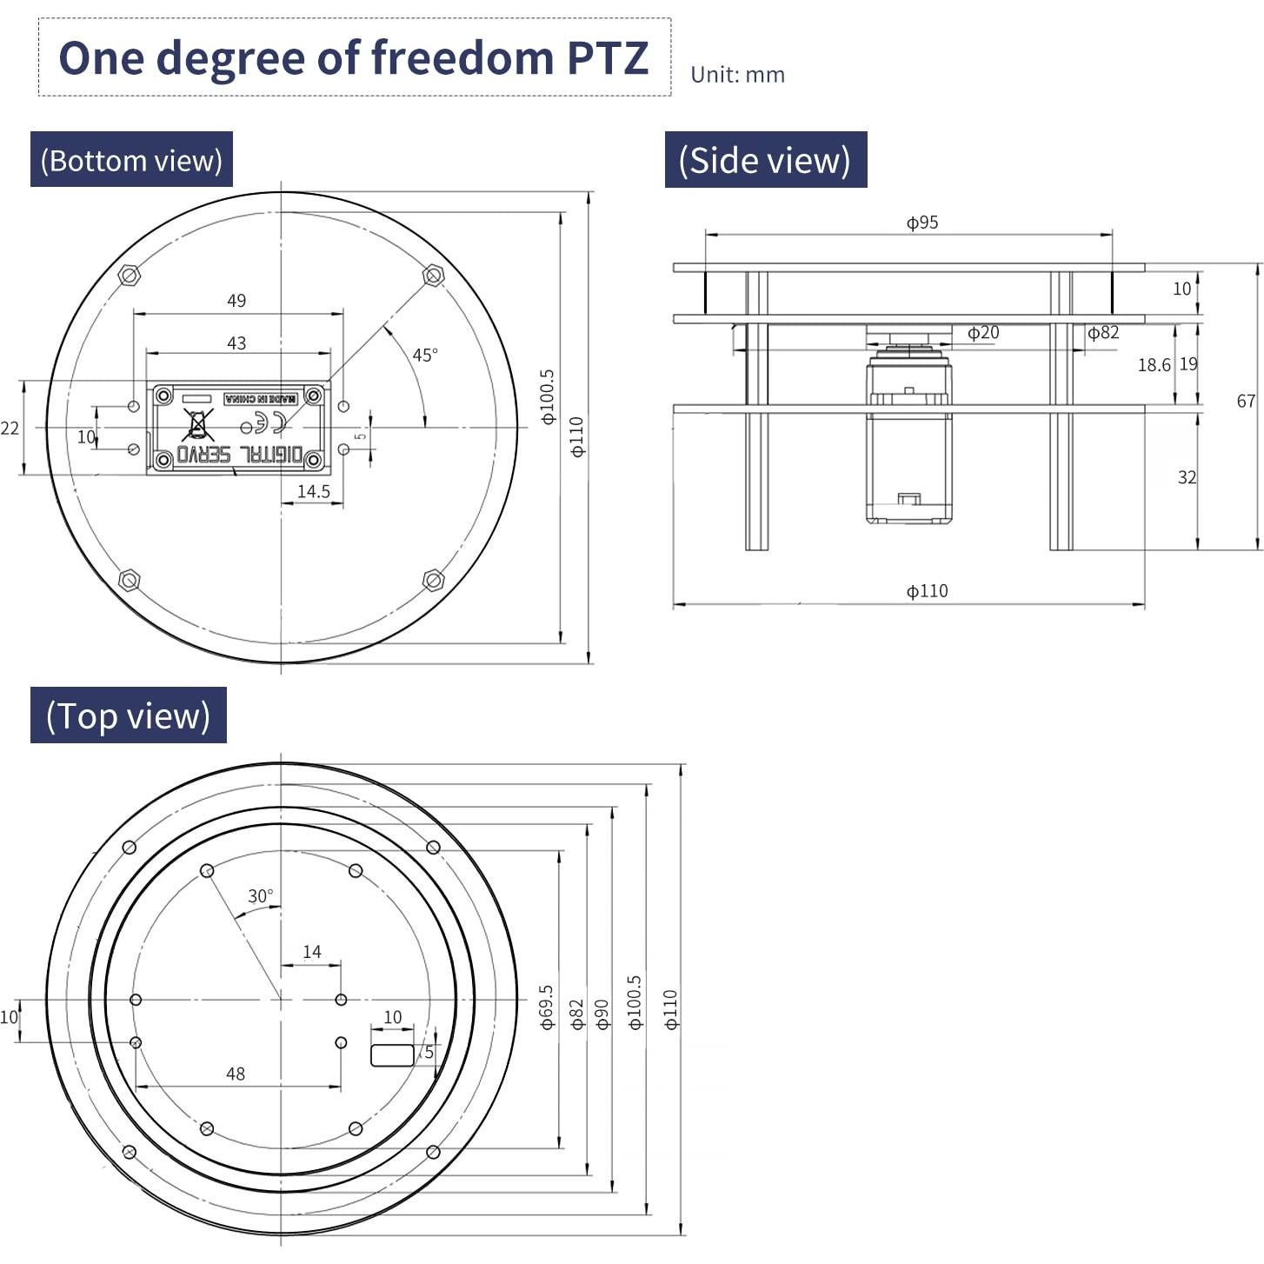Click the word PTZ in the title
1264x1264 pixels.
(x=607, y=58)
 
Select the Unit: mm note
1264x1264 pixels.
(x=737, y=75)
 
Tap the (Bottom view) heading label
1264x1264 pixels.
(x=131, y=160)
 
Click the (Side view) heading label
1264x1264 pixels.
(x=765, y=160)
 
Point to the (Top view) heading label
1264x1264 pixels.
(x=128, y=715)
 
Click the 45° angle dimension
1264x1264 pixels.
(x=424, y=355)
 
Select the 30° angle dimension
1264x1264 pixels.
(x=260, y=896)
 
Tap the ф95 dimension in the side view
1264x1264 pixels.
(x=922, y=223)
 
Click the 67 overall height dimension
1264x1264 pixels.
(x=1246, y=401)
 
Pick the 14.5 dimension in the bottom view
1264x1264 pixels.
(x=313, y=491)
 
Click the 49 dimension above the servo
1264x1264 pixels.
(x=236, y=301)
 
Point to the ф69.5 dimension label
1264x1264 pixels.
(x=546, y=1007)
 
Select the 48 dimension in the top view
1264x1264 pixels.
(x=236, y=1074)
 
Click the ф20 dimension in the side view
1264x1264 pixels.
(x=983, y=333)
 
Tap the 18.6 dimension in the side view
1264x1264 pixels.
(x=1154, y=365)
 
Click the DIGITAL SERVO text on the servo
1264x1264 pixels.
(x=240, y=455)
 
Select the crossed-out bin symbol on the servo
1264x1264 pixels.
(x=198, y=425)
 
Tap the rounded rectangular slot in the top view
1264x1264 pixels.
(x=392, y=1054)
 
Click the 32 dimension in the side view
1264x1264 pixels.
(x=1187, y=477)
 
